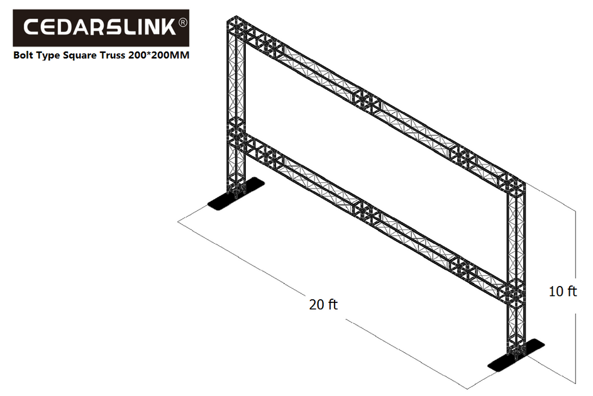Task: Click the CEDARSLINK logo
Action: [x=101, y=28]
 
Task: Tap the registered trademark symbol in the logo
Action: [x=182, y=23]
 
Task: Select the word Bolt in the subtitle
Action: [x=25, y=56]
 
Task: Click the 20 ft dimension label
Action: [x=323, y=305]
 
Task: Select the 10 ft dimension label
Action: [x=562, y=291]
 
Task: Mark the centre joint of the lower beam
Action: [x=368, y=212]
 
